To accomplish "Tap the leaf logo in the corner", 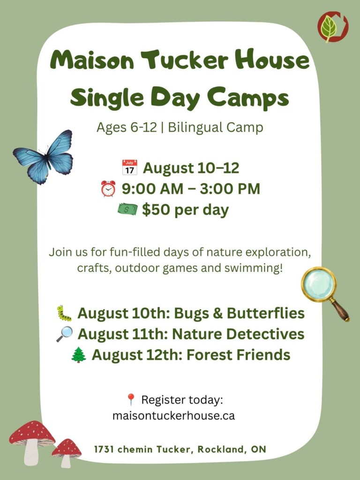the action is click(332, 27).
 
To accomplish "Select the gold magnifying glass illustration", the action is click(324, 292).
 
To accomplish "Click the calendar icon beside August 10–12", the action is click(130, 167).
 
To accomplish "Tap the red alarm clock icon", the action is click(108, 188).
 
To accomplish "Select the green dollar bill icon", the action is click(127, 210).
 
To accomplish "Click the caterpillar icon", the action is click(64, 313).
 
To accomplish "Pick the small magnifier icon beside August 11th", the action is click(65, 334).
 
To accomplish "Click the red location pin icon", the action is click(131, 400).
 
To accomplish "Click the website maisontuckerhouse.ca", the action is click(173, 415).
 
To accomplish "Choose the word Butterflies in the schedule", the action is click(266, 313).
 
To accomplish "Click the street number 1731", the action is click(105, 450).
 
